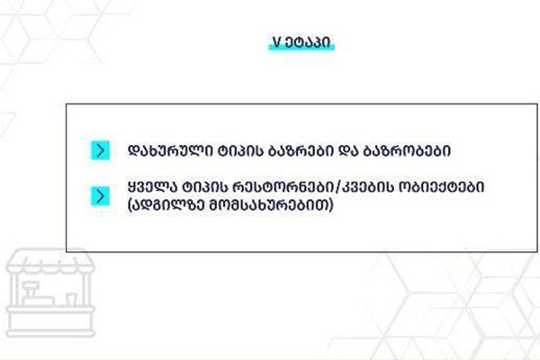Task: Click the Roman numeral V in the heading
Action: pyautogui.click(x=277, y=42)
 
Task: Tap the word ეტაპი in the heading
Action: pyautogui.click(x=307, y=42)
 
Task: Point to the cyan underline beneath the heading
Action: pyautogui.click(x=301, y=48)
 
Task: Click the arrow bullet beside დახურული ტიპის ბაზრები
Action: pyautogui.click(x=100, y=150)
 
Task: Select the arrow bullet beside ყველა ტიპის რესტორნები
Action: pyautogui.click(x=100, y=196)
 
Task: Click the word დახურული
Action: pyautogui.click(x=170, y=150)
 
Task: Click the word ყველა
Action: pyautogui.click(x=155, y=187)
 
